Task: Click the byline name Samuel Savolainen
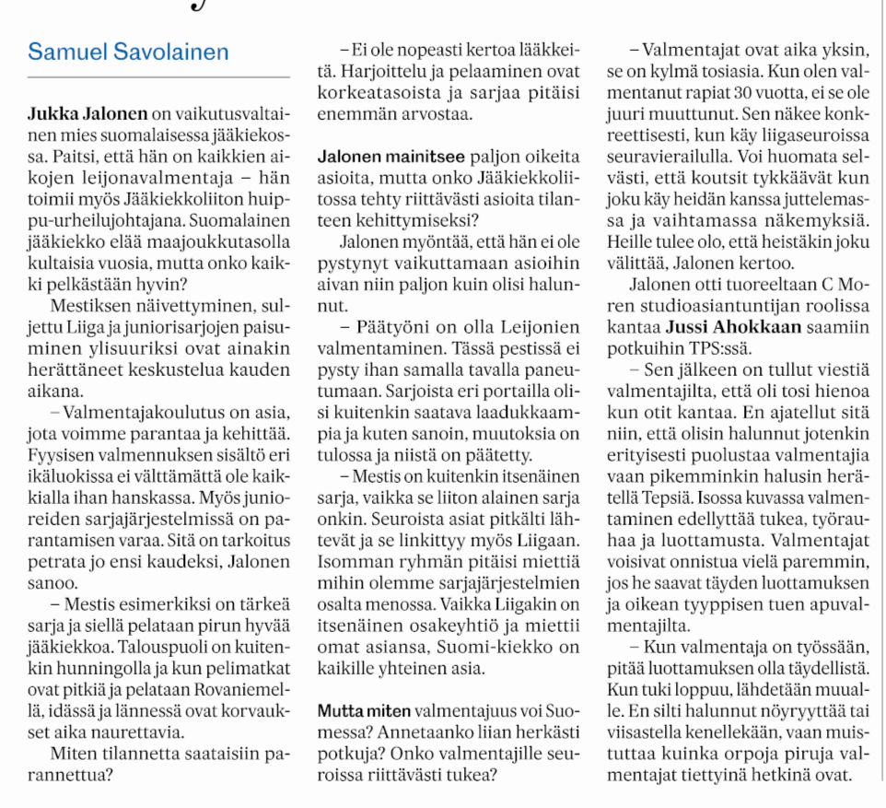click(128, 52)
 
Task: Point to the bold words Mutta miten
click(364, 712)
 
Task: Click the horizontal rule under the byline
click(159, 76)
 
